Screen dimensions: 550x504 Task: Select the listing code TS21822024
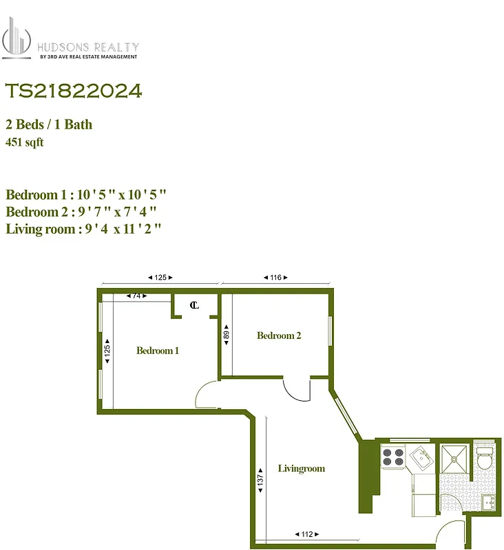74,91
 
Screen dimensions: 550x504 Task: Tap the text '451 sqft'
25,142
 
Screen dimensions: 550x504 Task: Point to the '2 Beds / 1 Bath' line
49,124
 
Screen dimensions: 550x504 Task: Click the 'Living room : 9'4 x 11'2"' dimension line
83,229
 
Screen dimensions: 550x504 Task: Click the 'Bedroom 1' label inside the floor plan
158,351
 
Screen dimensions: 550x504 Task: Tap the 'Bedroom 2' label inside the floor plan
279,335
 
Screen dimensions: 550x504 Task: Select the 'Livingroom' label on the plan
301,469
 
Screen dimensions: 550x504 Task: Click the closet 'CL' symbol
194,305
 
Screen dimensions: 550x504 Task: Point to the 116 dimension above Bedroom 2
275,278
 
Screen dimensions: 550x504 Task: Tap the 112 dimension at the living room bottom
306,534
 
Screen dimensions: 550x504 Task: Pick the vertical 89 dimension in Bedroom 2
226,337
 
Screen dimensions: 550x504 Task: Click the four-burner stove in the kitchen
393,458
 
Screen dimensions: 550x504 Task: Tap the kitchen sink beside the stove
421,454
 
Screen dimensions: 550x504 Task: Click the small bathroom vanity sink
489,501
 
